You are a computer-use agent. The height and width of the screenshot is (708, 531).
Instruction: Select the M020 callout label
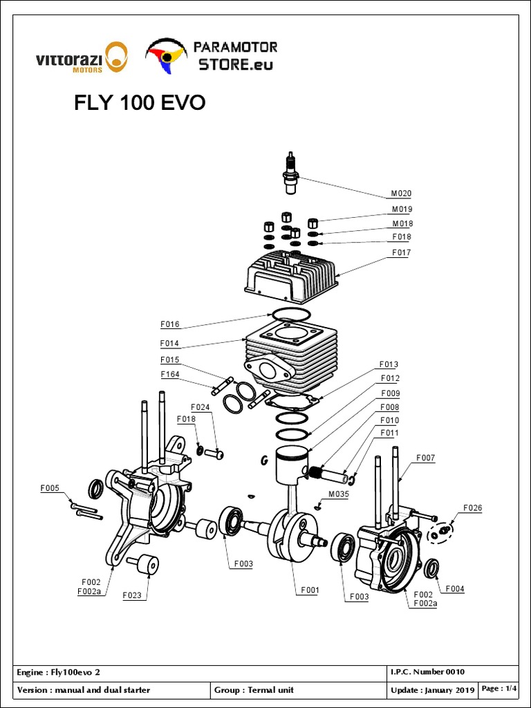(x=402, y=194)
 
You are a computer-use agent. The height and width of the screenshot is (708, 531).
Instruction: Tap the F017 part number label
(x=402, y=253)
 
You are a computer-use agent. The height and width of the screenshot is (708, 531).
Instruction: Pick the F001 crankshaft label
(x=309, y=590)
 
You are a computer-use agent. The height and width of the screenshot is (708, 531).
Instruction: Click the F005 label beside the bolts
(x=50, y=488)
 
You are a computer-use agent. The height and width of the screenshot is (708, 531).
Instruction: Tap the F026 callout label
(x=473, y=508)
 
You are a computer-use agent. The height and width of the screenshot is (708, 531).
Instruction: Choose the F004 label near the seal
(x=455, y=588)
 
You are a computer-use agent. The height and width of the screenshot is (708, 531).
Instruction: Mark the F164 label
(x=170, y=375)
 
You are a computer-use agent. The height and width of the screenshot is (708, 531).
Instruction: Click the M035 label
(x=338, y=494)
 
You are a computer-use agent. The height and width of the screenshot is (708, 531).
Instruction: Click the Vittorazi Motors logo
(x=81, y=57)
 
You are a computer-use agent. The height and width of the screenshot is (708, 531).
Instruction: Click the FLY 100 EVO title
(x=140, y=103)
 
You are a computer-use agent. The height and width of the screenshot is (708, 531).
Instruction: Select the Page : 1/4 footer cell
(x=499, y=689)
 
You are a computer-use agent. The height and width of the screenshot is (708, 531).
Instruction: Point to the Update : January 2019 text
(x=432, y=690)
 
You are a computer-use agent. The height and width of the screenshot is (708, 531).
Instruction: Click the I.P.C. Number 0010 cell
(x=427, y=672)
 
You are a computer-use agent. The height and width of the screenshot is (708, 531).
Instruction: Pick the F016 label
(x=169, y=324)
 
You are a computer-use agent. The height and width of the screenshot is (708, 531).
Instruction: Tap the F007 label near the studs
(x=425, y=458)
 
